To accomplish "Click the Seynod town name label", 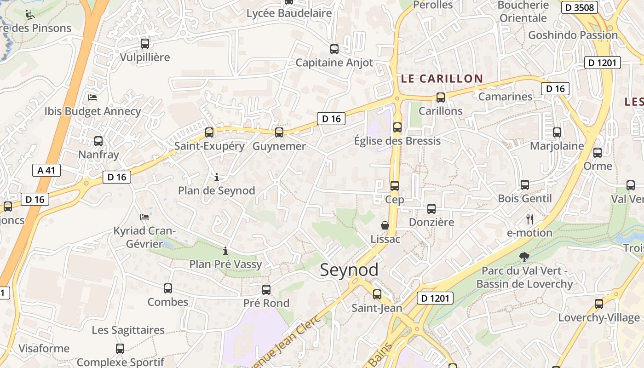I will pyautogui.click(x=349, y=270).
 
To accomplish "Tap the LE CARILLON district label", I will pyautogui.click(x=442, y=79).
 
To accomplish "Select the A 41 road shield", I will pyautogui.click(x=46, y=170).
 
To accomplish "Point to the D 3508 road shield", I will pyautogui.click(x=580, y=7).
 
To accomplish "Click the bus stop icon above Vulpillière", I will pyautogui.click(x=145, y=44).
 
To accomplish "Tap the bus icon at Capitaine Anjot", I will pyautogui.click(x=334, y=49).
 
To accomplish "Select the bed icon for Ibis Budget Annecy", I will pyautogui.click(x=92, y=98).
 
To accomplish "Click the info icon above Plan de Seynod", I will pyautogui.click(x=217, y=177).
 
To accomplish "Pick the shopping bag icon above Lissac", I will pyautogui.click(x=385, y=225).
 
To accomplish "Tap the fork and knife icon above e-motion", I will pyautogui.click(x=529, y=219).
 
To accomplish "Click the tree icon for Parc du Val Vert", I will pyautogui.click(x=523, y=257).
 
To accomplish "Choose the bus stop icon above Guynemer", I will pyautogui.click(x=279, y=132).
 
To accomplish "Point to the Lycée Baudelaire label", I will pyautogui.click(x=289, y=13).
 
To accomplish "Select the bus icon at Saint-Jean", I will pyautogui.click(x=377, y=294).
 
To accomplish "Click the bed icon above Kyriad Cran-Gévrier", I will pyautogui.click(x=144, y=217).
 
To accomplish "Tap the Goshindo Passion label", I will pyautogui.click(x=573, y=35).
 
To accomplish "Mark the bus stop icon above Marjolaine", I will pyautogui.click(x=557, y=132).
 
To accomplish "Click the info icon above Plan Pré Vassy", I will pyautogui.click(x=225, y=251).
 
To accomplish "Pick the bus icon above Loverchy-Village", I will pyautogui.click(x=599, y=304).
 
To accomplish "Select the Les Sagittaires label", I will pyautogui.click(x=128, y=330).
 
